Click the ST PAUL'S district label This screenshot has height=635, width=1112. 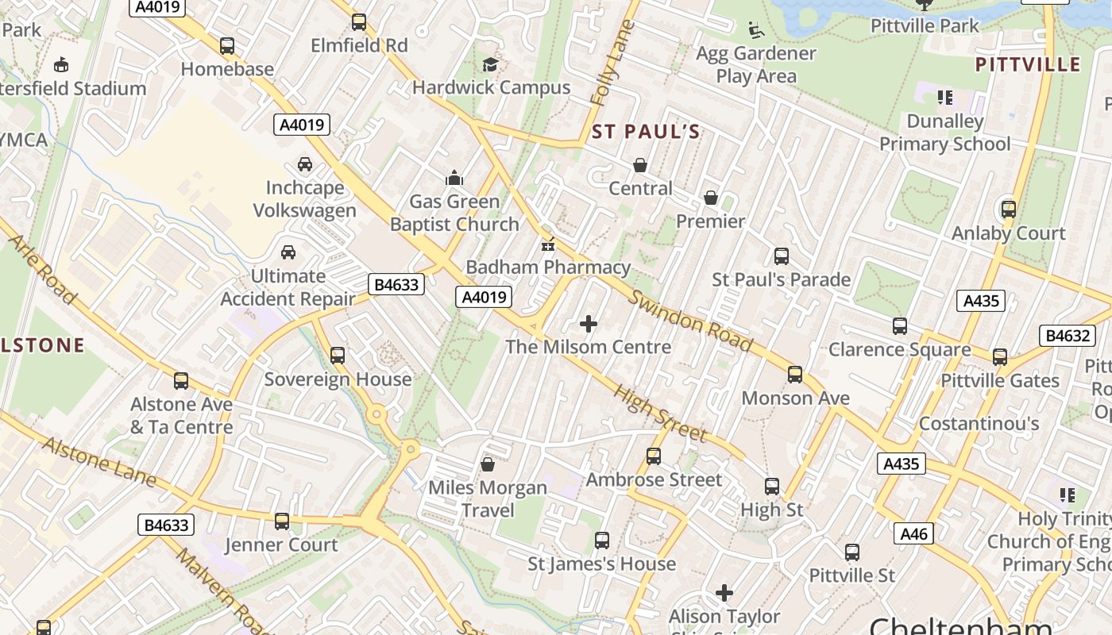646,132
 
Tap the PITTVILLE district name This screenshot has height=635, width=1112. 1027,64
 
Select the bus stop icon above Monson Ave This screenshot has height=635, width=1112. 795,375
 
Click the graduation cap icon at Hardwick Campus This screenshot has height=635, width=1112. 491,64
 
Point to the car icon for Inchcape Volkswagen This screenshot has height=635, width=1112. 304,164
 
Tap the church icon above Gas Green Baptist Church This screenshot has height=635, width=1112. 454,178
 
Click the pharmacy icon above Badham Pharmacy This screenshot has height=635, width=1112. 547,244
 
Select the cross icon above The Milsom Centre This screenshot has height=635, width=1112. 589,324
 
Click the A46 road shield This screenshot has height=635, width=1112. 913,534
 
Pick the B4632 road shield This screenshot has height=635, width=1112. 1068,336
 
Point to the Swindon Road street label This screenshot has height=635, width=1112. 689,320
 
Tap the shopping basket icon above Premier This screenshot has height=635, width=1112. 710,198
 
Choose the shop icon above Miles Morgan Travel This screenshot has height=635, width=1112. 488,464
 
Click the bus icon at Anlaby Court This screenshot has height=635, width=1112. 1008,210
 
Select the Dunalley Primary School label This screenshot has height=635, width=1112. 944,133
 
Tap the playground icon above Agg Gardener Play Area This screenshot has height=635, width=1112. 756,30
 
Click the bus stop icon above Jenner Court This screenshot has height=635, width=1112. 282,521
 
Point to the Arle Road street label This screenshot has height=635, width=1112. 44,269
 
